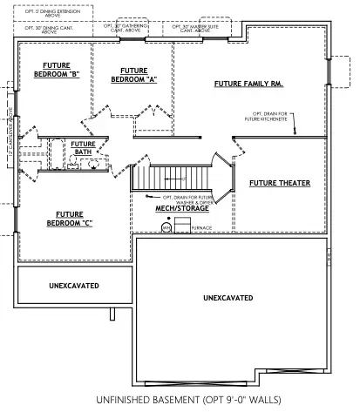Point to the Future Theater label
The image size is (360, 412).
pos(277,184)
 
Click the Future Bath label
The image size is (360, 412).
pos(84,148)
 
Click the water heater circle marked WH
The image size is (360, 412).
pos(165,228)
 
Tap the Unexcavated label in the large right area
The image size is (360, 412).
pos(228,298)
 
